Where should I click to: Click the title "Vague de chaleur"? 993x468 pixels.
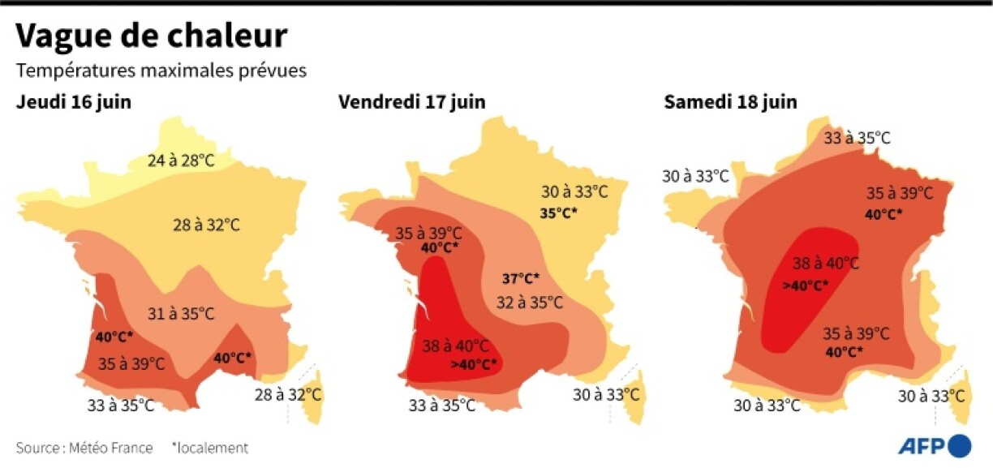click(152, 36)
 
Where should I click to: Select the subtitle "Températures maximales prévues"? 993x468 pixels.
click(161, 71)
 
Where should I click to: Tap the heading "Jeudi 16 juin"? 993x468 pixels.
click(73, 102)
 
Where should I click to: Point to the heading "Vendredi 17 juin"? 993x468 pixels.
click(412, 102)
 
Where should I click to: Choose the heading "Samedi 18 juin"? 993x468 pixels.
click(730, 102)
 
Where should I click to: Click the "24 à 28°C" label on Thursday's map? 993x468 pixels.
click(181, 161)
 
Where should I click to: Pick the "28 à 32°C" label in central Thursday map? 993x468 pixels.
click(206, 225)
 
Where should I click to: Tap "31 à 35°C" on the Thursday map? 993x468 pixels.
click(181, 313)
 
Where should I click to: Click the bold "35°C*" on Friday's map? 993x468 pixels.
click(558, 213)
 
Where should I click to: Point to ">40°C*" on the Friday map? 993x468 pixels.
click(474, 364)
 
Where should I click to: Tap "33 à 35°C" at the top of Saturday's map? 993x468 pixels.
click(858, 138)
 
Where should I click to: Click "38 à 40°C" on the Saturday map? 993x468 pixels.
click(825, 263)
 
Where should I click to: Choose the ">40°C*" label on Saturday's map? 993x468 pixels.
click(805, 285)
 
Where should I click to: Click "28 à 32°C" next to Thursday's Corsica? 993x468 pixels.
click(288, 395)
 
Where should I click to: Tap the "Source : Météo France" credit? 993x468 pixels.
click(84, 448)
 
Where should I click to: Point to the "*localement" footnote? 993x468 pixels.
click(209, 448)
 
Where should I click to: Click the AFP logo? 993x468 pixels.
click(935, 445)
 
